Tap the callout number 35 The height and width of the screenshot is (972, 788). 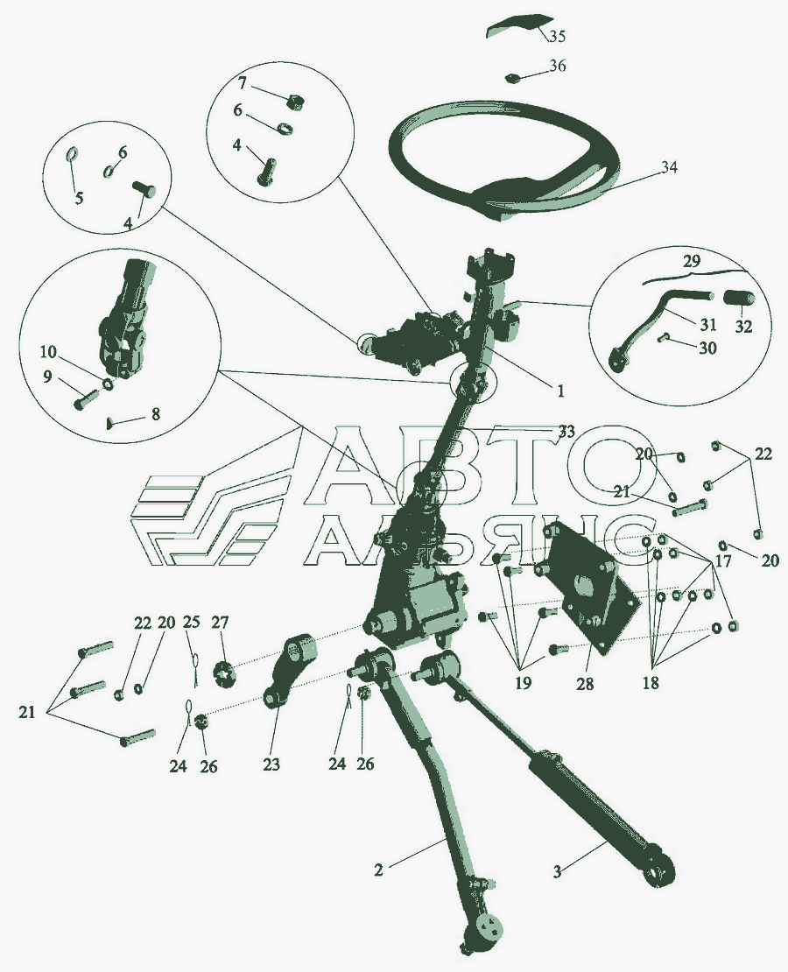(x=558, y=36)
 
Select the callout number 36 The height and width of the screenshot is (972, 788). (x=558, y=65)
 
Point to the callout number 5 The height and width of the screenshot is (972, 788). (x=80, y=199)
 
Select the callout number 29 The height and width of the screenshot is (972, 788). (x=692, y=262)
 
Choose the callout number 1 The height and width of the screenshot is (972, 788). (x=560, y=391)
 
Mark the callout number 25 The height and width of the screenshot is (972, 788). (x=191, y=621)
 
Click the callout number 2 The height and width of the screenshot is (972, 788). (x=379, y=870)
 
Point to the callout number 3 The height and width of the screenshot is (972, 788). (x=557, y=871)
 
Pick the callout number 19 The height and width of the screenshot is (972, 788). (x=523, y=684)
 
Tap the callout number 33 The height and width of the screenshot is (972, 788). (x=566, y=432)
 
